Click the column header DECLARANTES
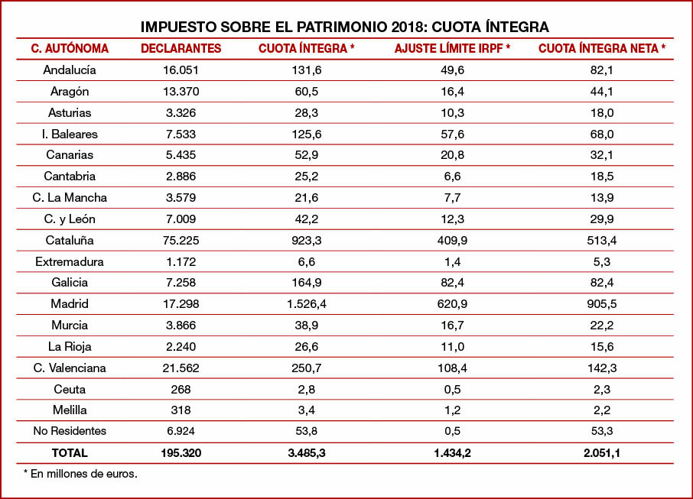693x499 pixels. [x=181, y=49]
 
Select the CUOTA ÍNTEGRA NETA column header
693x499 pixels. [x=602, y=49]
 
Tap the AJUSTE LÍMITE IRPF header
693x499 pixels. [x=452, y=49]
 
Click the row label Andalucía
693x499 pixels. [x=70, y=70]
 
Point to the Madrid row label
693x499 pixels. [x=70, y=304]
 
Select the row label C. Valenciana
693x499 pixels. [x=70, y=368]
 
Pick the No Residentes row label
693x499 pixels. [x=70, y=431]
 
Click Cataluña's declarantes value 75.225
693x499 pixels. [x=181, y=241]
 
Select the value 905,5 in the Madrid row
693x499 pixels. [x=602, y=304]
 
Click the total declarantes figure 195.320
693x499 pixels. [x=181, y=453]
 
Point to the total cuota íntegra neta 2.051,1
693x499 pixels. [x=602, y=453]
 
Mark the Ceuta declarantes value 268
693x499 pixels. [x=181, y=389]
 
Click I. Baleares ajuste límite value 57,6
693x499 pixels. [x=452, y=134]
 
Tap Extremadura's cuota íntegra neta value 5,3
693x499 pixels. [x=602, y=262]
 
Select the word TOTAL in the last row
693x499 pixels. [x=70, y=453]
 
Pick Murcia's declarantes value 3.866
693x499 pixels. [x=181, y=326]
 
